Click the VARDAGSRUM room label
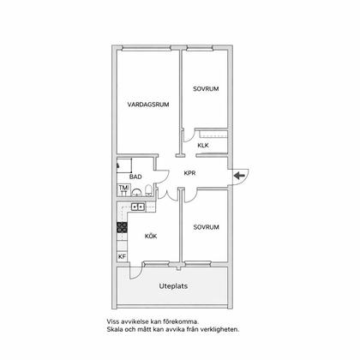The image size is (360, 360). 148,105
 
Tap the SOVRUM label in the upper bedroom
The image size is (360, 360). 206,89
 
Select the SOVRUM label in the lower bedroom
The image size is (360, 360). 207,227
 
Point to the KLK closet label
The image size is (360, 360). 203,146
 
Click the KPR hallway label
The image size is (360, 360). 189,173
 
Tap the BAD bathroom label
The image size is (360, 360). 135,177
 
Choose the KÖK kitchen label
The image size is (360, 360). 151,237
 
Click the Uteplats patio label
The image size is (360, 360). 173,286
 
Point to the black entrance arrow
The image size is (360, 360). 239,176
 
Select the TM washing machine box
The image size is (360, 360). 123,190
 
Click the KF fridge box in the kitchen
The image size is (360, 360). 122,256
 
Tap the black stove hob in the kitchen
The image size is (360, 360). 123,227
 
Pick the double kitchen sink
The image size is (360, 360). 138,207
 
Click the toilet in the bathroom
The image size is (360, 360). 148,190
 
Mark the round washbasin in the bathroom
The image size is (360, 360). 137,193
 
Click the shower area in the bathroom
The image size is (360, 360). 124,165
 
